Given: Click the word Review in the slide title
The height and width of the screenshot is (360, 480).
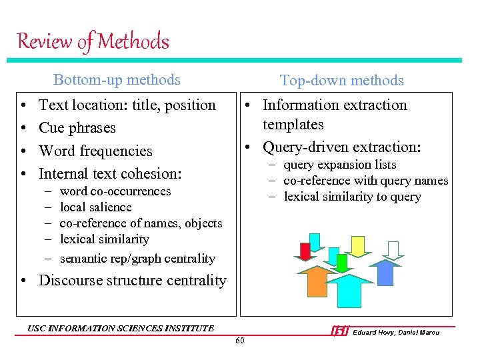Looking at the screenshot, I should point(44,42).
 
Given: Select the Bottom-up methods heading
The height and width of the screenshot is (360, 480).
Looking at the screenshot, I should point(117,80).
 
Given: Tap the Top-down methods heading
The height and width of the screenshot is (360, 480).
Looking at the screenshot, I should point(341,81).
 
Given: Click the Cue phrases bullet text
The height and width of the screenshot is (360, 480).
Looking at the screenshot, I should point(77,128).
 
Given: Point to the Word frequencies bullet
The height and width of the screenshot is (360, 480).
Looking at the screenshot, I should point(95,151).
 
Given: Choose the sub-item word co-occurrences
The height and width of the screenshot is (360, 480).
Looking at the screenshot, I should point(115,191).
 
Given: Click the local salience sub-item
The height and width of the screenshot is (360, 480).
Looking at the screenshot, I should point(95,207).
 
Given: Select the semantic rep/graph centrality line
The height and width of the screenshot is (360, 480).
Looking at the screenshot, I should point(137,259).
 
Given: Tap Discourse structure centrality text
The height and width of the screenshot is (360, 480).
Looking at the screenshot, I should point(132,281).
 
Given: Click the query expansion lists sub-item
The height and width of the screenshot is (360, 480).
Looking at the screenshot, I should point(339,165).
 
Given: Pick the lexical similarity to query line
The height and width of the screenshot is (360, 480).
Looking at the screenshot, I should point(352,197).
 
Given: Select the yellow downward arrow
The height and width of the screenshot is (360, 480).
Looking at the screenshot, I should point(357,247).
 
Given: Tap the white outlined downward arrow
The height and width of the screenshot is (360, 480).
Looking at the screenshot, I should point(394,249).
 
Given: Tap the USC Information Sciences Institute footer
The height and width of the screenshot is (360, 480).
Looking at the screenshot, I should point(121,328).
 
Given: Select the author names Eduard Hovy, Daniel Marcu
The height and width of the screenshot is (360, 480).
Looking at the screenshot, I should point(395,332).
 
